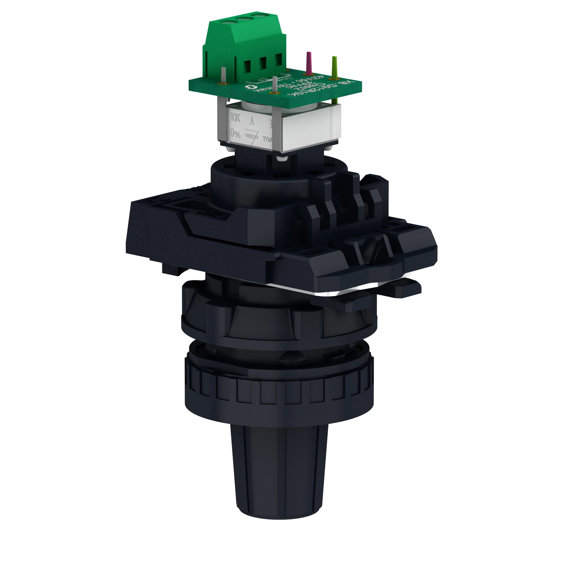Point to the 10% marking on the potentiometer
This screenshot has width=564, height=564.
pos(234,134)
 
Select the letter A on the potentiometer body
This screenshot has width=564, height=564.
pos(252,121)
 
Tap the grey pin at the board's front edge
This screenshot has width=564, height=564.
pos(274,85)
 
